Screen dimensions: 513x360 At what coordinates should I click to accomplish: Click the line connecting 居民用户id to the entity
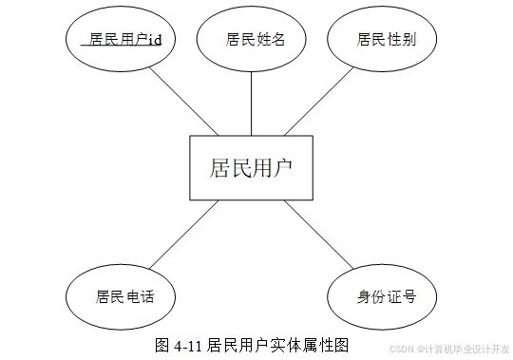(183, 102)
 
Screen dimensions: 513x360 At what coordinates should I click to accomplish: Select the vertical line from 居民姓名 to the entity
(251, 104)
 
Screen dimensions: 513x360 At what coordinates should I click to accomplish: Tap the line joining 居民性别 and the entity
(319, 102)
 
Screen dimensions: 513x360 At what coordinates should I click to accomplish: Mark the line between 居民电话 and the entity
(184, 235)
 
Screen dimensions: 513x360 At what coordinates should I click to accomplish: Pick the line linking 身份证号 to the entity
(319, 235)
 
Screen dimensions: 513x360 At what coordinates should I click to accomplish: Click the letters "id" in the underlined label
(155, 40)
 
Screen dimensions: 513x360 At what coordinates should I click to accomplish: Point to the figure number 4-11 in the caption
(188, 346)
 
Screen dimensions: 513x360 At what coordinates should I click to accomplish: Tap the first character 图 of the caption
(162, 346)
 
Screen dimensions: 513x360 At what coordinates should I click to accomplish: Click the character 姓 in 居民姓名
(262, 40)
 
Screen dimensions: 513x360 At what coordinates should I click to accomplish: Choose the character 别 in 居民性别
(408, 40)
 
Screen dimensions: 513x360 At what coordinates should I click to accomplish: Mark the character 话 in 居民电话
(147, 297)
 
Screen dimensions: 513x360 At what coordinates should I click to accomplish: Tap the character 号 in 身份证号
(408, 297)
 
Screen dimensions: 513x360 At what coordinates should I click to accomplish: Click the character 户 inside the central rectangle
(282, 168)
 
